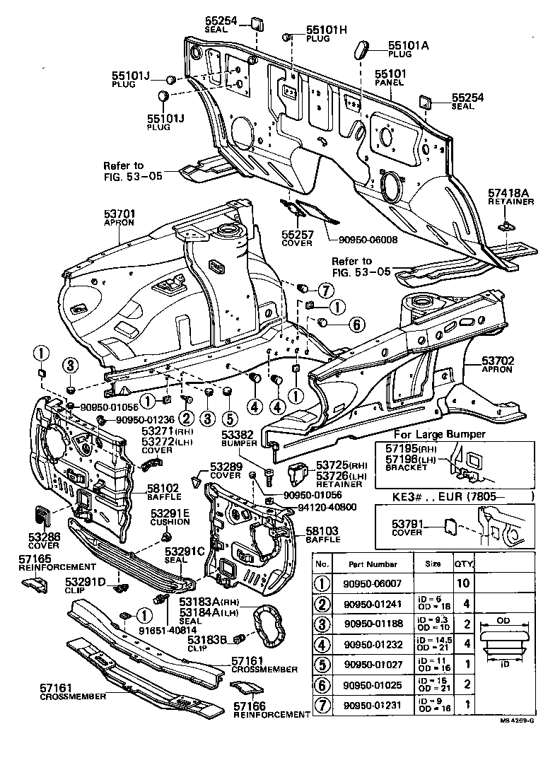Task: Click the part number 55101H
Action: (x=327, y=30)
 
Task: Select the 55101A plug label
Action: (x=407, y=44)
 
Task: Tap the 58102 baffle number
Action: (x=164, y=488)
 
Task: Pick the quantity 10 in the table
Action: (x=462, y=583)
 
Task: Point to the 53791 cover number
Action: (x=407, y=525)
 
